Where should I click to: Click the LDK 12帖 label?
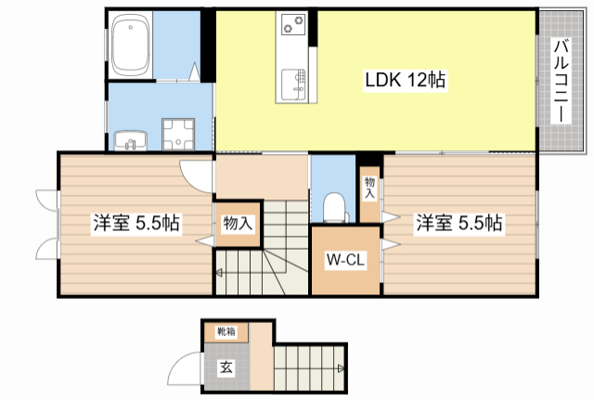coord(404,82)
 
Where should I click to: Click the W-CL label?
coord(344,261)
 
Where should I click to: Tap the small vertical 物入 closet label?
coord(369,188)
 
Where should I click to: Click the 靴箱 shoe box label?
coord(226,331)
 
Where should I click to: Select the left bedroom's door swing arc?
coord(196,173)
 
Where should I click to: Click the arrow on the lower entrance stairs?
coord(342,369)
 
